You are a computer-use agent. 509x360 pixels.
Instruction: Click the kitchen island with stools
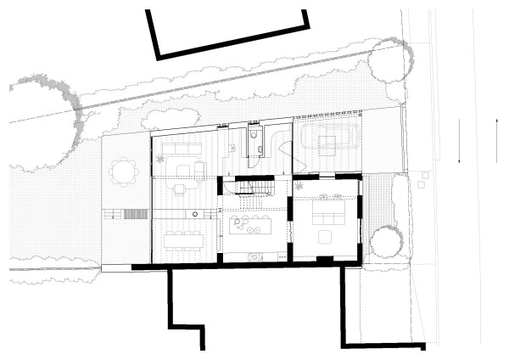[249, 226]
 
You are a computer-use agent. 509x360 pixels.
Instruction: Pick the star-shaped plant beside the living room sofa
[159, 159]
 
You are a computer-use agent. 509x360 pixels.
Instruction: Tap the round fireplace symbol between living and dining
[194, 213]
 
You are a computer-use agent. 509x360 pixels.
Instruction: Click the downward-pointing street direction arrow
[459, 152]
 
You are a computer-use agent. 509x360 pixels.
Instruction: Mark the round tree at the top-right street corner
[391, 61]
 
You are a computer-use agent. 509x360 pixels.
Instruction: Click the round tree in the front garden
[387, 242]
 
